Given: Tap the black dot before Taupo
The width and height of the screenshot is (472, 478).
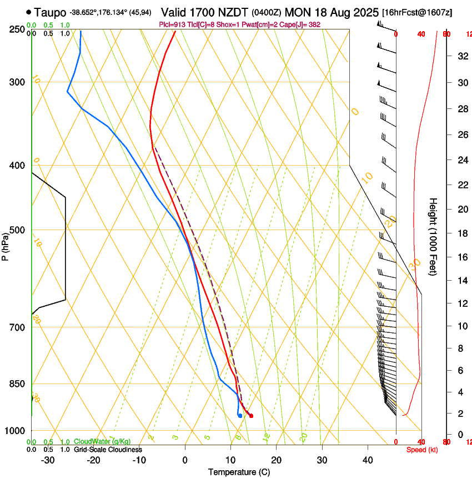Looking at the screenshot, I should pyautogui.click(x=28, y=12).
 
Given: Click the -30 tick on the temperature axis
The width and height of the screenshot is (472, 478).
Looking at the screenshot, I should pyautogui.click(x=48, y=460).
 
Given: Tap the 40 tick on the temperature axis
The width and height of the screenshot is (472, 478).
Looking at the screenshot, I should pyautogui.click(x=368, y=460).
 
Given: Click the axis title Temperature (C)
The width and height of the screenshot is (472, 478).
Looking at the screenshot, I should pyautogui.click(x=239, y=472).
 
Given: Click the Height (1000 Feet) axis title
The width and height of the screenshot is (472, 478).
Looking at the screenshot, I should pyautogui.click(x=434, y=236).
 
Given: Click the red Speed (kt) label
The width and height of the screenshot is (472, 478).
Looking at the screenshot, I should pyautogui.click(x=422, y=450).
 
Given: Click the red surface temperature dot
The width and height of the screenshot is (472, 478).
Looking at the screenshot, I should pyautogui.click(x=252, y=416).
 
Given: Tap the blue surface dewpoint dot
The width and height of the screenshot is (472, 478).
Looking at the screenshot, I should pyautogui.click(x=239, y=416).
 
